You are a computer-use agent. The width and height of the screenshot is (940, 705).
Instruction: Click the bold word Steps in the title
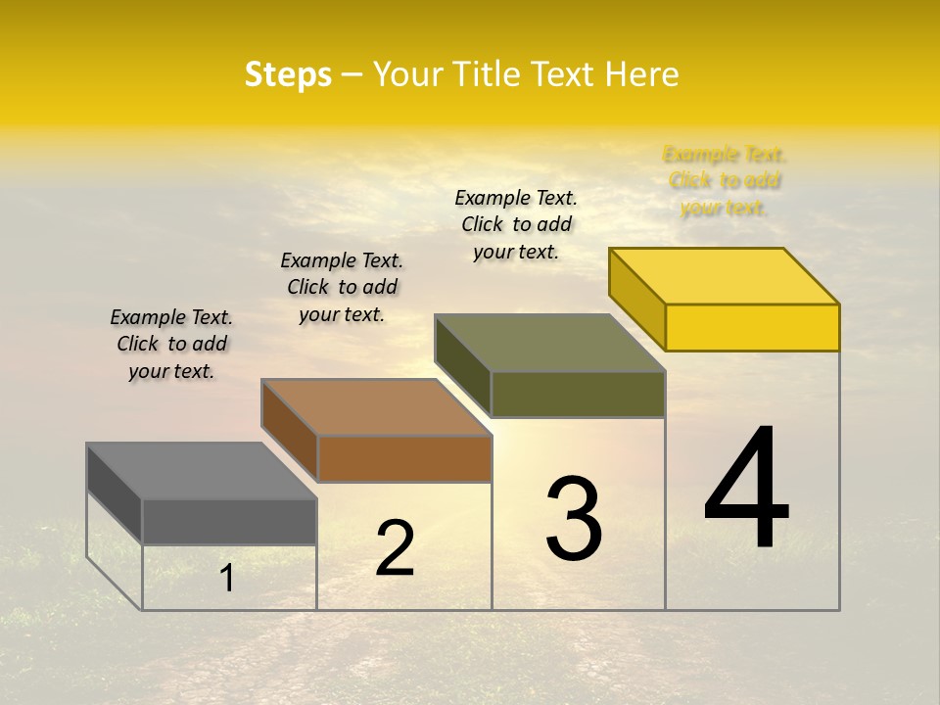click(x=288, y=74)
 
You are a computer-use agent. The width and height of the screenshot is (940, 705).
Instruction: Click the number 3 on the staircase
click(x=574, y=518)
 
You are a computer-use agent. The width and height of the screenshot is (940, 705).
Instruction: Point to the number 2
click(x=395, y=548)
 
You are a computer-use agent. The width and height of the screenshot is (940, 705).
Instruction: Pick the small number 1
click(x=227, y=579)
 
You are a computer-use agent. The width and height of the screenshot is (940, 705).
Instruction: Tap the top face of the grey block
click(x=201, y=471)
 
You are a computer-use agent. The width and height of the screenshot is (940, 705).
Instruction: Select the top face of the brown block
click(x=376, y=407)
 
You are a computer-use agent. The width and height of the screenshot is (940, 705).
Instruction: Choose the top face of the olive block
click(x=550, y=343)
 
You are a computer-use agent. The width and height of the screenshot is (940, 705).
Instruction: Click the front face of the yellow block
click(x=752, y=327)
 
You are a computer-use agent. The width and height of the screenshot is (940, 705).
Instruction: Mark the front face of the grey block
click(x=229, y=521)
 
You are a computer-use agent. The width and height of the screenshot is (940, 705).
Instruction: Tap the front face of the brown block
click(x=404, y=458)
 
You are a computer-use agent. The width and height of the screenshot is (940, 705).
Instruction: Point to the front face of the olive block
click(x=578, y=394)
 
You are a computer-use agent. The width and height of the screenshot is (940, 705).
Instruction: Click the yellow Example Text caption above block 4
click(x=725, y=180)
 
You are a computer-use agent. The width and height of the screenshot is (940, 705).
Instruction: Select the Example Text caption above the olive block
click(x=516, y=224)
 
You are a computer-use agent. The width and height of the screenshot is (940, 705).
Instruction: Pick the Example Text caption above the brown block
click(x=342, y=287)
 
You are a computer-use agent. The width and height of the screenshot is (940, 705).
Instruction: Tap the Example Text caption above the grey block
click(x=171, y=344)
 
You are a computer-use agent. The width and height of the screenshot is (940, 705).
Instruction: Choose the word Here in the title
click(x=642, y=74)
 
